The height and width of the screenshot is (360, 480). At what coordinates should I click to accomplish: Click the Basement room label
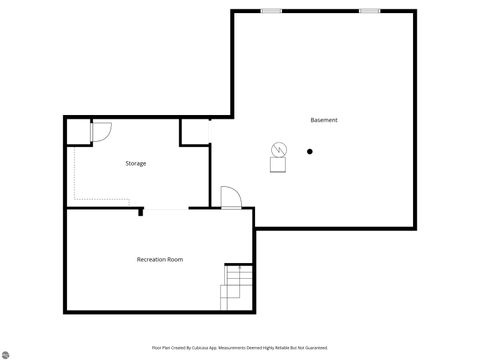coord(323,120)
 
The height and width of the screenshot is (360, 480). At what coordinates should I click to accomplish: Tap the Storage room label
coord(135,163)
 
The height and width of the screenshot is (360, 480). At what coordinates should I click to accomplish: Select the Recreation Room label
coord(160,260)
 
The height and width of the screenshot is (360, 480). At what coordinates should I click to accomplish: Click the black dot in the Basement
coord(310,152)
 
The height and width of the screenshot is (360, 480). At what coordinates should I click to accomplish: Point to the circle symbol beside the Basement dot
coord(277,150)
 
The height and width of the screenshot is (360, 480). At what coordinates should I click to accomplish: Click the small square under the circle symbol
coord(276,165)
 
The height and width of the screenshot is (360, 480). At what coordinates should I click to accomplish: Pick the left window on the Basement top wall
coord(270,11)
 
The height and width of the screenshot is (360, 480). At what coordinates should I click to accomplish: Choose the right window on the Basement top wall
coord(370,11)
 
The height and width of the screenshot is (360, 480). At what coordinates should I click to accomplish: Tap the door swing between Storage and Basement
coord(230,196)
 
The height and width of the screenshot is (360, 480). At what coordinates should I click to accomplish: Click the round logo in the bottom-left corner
coord(5,354)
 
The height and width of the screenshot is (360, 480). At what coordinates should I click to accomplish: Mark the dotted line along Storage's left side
coord(74,175)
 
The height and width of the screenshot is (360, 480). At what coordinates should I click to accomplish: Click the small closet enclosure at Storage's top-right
coord(194,131)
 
